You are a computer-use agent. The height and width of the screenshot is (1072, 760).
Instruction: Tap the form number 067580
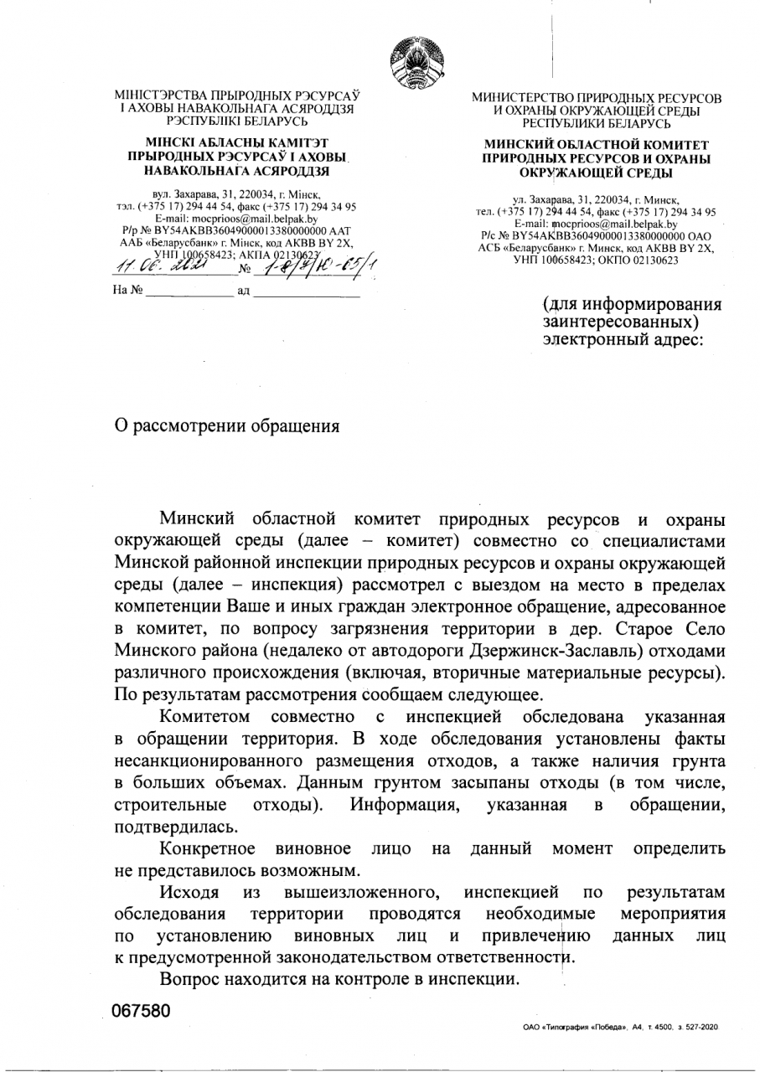tap(142, 1011)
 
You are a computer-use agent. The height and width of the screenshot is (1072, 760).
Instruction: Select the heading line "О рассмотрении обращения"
tap(227, 425)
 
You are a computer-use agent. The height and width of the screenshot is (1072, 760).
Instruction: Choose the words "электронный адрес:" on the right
tap(623, 341)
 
